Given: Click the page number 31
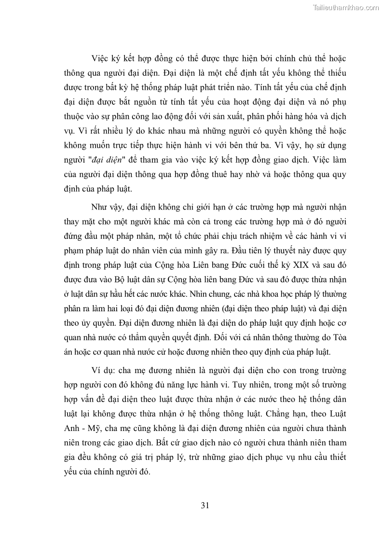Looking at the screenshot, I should (x=205, y=505).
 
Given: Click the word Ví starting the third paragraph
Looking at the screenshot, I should (x=96, y=370).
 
